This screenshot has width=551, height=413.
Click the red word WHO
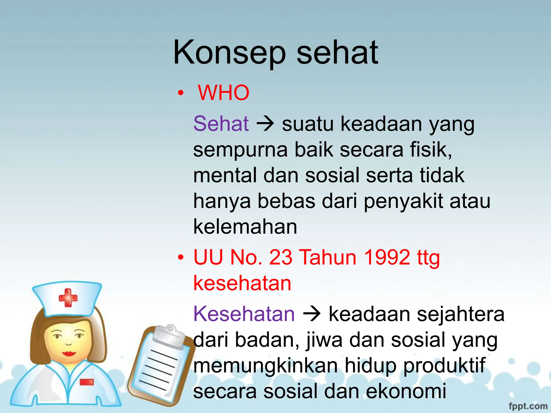224,93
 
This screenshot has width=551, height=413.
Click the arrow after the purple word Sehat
265,124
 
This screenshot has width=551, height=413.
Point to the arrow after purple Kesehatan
312,314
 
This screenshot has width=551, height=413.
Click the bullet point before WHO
181,93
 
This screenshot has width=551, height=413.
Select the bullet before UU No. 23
181,258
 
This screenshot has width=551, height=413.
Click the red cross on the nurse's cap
68,298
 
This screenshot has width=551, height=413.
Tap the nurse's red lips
69,353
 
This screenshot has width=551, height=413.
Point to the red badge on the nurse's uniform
87,382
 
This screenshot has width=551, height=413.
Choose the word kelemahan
245,227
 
